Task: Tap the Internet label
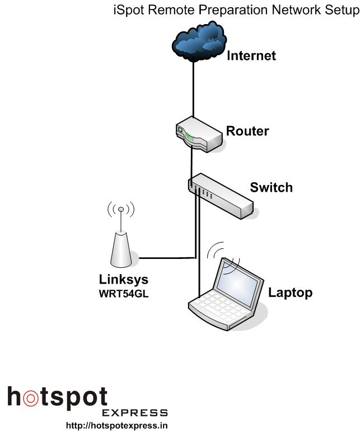coord(251,56)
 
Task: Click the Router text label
coord(247,132)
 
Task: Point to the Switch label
coord(271,187)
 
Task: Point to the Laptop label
coord(290,292)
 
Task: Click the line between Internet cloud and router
coord(194,90)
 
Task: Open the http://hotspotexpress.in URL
coord(117,425)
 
